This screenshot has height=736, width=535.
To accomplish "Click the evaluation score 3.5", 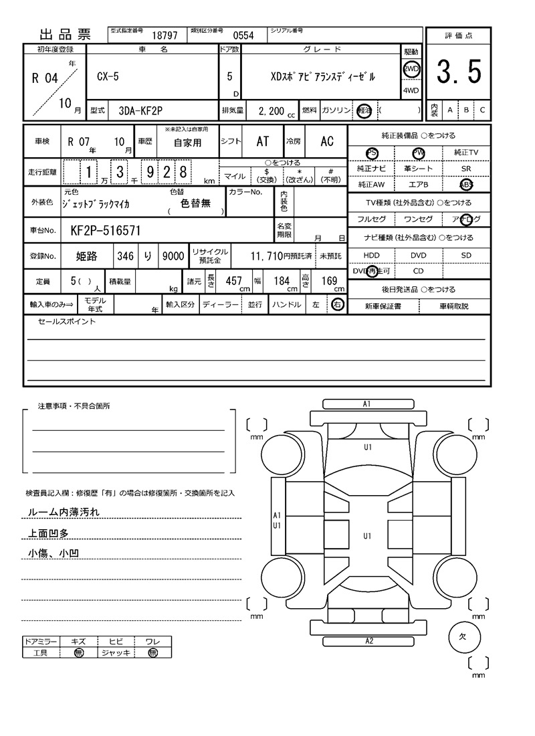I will pos(459,72).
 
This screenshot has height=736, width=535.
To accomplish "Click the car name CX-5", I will pos(104,76).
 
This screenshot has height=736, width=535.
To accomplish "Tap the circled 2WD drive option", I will pos(411,68).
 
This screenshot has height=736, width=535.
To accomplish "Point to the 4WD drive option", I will pos(411,91).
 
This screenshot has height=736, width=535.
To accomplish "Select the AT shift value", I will pos(263,141).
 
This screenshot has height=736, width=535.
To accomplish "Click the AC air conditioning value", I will pos(327,141).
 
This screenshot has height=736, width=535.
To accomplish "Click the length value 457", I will pos(233,281).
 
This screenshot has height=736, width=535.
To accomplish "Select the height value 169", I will pos(329,281).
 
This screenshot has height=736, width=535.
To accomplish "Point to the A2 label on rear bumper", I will pos(368,640).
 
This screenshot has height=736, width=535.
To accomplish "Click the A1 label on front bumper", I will pos(366,404).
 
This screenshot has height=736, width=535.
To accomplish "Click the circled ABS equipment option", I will pos(465,185).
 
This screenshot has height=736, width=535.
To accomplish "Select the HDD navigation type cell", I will pos(371,255).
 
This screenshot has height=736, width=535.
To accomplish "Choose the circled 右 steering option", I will pos(337,304).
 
